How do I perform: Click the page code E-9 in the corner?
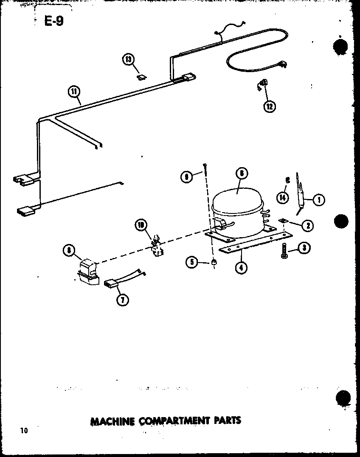[x=54, y=21]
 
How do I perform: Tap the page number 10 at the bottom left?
[x=23, y=431]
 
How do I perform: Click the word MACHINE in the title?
[x=112, y=421]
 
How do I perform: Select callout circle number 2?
[x=307, y=225]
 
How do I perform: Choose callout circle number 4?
[x=241, y=268]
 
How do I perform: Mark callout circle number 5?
[x=192, y=263]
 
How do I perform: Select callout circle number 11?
[x=74, y=91]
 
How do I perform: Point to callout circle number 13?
[x=129, y=59]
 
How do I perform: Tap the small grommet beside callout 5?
[x=214, y=263]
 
